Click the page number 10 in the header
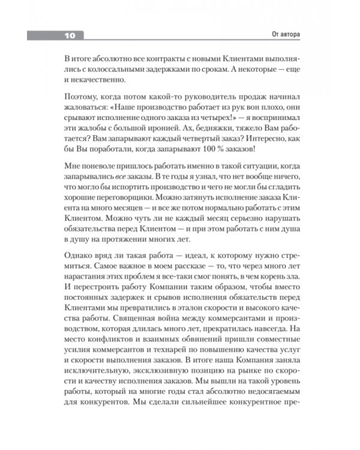[70, 36]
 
